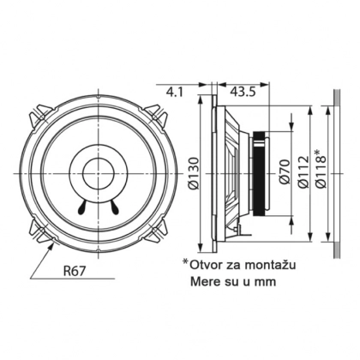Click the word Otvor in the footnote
[x=205, y=266]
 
